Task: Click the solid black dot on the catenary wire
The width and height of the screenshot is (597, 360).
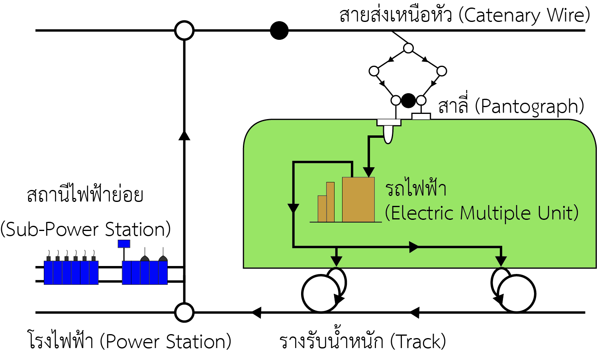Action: pos(279,31)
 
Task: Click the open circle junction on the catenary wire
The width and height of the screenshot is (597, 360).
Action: pos(184,31)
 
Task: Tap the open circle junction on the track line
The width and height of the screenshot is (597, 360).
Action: pos(184,313)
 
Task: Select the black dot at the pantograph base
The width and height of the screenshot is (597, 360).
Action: pos(408,100)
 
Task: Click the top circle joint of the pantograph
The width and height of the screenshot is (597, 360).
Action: pos(408,48)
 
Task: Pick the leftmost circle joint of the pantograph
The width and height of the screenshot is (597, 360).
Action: pos(374,71)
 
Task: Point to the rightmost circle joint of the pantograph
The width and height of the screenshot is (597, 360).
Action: pos(442,71)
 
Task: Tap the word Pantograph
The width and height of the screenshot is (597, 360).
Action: pos(532,107)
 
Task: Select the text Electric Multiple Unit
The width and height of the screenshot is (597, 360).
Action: pos(482,213)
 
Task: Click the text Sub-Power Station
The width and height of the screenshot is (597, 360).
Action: pos(86,230)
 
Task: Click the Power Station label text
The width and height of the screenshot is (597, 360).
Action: pos(165,342)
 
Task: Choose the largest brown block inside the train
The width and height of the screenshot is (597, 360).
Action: pos(358,199)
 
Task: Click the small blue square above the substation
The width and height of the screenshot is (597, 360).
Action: pos(124,244)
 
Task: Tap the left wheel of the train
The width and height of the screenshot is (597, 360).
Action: pos(321,294)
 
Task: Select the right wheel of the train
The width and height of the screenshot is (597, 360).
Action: pos(517,294)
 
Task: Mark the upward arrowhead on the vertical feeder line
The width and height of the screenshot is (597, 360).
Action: pos(184,135)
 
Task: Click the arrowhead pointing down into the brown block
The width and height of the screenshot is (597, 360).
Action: pos(369,172)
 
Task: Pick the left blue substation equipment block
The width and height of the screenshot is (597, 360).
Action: pos(71,272)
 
